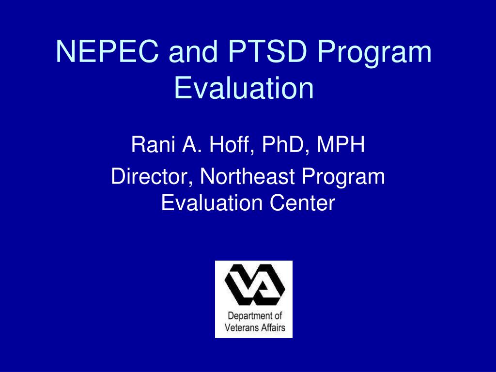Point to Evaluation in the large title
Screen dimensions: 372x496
[x=244, y=89]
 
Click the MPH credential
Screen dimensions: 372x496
[x=341, y=145]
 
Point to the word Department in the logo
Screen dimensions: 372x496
[x=248, y=317]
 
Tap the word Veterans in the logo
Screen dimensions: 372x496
[x=242, y=327]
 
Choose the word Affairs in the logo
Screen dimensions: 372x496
[x=272, y=327]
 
